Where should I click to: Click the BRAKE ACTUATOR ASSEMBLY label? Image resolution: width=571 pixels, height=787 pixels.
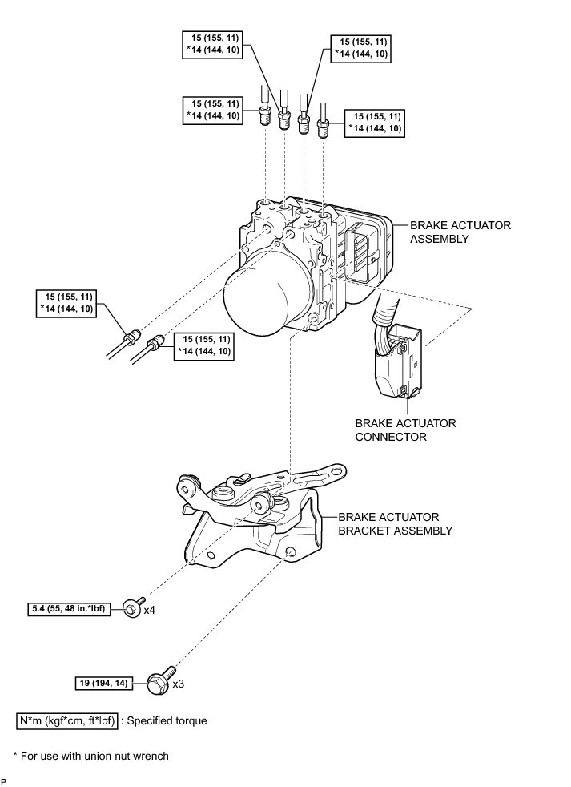click(x=460, y=232)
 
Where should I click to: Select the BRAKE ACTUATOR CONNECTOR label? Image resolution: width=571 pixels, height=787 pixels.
click(x=405, y=430)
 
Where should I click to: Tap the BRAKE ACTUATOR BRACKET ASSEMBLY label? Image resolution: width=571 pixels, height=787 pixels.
click(x=396, y=523)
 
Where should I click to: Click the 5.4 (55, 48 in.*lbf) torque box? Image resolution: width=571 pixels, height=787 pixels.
click(x=69, y=609)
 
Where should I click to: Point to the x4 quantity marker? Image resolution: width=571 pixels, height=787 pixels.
click(x=150, y=611)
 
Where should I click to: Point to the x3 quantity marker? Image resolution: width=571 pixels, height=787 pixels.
click(x=178, y=684)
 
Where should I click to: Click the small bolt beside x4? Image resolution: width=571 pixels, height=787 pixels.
click(x=134, y=607)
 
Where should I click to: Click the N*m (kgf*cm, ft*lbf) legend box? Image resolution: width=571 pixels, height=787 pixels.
click(x=67, y=721)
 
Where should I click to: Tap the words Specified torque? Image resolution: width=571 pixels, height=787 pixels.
click(x=167, y=721)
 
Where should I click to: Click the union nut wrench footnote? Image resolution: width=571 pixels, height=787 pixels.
click(x=90, y=756)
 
